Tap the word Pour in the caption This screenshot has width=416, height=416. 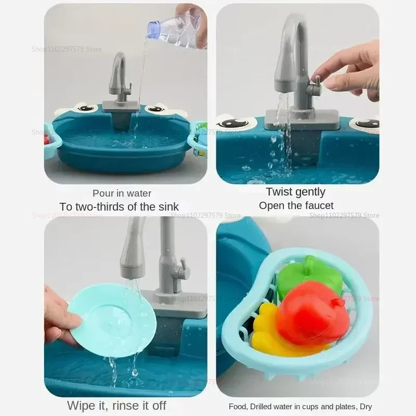tap(103, 193)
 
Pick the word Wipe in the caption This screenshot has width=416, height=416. tap(82, 405)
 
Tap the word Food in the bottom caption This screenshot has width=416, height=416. tap(238, 407)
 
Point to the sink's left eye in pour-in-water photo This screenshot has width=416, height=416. tap(86, 108)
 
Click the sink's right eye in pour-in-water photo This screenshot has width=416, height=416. tap(155, 109)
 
